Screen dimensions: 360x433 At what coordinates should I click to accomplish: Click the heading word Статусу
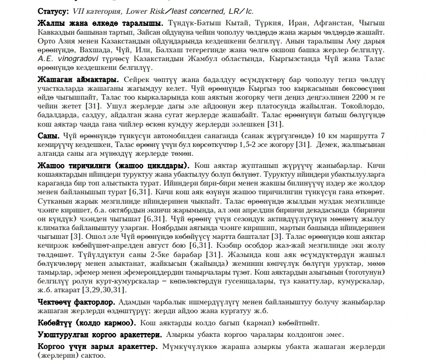[53, 11]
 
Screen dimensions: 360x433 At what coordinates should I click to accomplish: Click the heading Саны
[48, 136]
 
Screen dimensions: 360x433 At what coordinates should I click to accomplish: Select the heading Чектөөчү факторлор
[76, 303]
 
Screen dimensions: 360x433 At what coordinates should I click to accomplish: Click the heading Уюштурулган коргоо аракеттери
[99, 334]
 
